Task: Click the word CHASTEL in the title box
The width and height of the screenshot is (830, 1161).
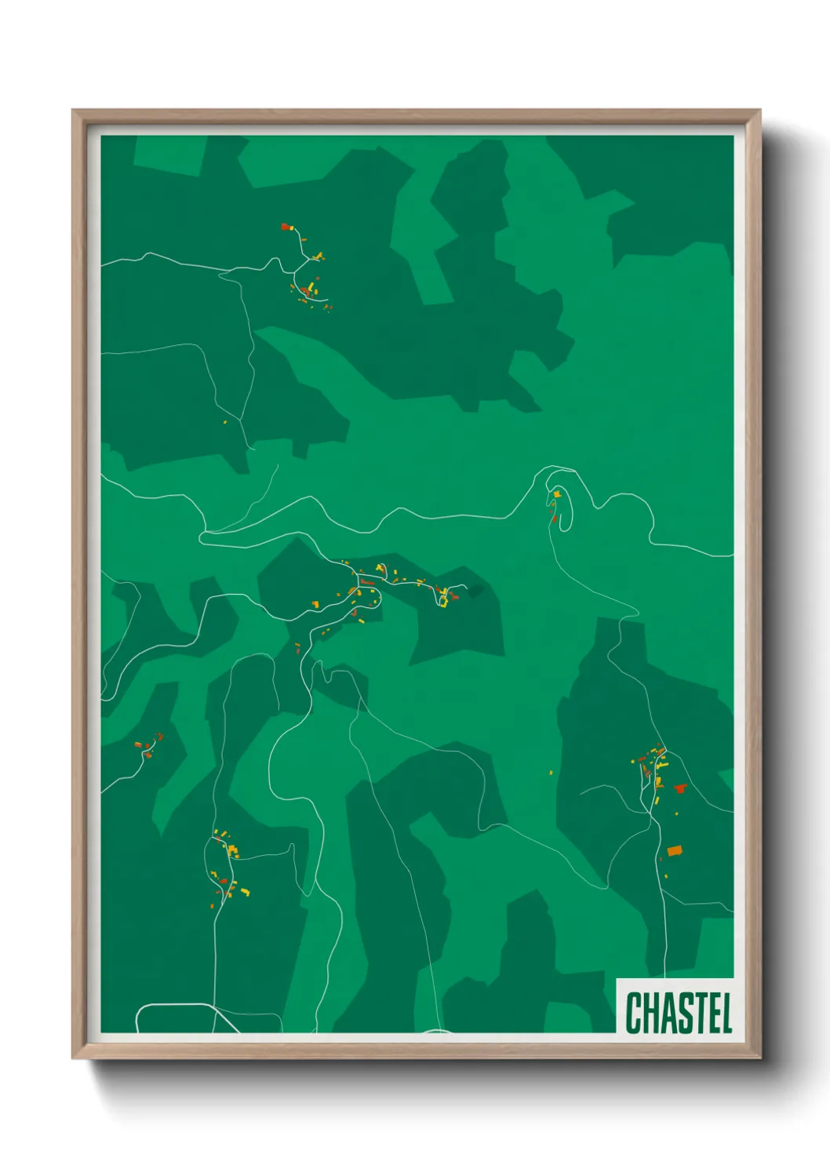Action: pyautogui.click(x=679, y=1012)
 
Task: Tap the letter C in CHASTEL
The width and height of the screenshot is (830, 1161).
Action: pyautogui.click(x=634, y=1013)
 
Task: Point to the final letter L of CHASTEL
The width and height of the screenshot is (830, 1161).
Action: pyautogui.click(x=726, y=1013)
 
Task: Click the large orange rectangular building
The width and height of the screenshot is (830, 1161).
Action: pyautogui.click(x=675, y=850)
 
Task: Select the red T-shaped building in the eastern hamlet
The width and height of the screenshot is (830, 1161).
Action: pyautogui.click(x=679, y=788)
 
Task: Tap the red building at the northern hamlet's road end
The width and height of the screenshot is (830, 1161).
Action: pyautogui.click(x=286, y=227)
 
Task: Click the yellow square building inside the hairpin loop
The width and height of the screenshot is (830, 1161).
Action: pyautogui.click(x=557, y=493)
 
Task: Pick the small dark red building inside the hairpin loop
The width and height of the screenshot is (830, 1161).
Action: pyautogui.click(x=554, y=518)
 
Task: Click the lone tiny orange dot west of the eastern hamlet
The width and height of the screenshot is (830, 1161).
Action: pyautogui.click(x=551, y=773)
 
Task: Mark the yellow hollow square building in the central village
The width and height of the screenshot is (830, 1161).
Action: pyautogui.click(x=442, y=602)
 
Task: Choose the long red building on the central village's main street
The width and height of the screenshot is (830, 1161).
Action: pyautogui.click(x=366, y=582)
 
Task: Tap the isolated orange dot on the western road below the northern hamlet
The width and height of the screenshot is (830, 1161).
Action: pyautogui.click(x=225, y=422)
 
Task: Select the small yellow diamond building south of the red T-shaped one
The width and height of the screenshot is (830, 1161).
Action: pyautogui.click(x=658, y=801)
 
